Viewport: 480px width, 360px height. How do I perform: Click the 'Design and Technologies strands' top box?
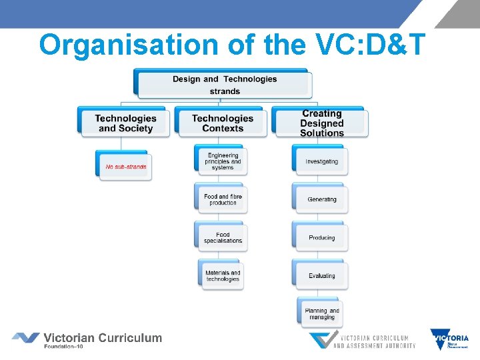pos(224,85)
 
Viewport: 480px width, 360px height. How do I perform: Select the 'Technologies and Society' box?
pos(125,123)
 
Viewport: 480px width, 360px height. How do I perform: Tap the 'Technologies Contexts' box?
pos(223,123)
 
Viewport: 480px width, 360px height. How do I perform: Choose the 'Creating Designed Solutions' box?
pos(321,123)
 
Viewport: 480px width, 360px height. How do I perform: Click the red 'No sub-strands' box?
pos(125,166)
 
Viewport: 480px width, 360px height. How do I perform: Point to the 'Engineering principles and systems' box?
pos(223,161)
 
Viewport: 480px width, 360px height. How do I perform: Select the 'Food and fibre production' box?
pos(223,199)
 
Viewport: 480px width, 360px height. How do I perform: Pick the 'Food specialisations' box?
pos(223,237)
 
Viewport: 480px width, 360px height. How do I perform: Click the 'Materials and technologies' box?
pos(223,275)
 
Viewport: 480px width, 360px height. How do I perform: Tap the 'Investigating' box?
pos(321,161)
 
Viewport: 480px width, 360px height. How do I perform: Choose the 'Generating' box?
pos(321,199)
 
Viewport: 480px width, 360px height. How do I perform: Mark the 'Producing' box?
pos(321,237)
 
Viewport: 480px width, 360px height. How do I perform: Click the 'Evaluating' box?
pos(321,275)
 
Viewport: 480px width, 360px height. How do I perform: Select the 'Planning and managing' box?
pos(321,313)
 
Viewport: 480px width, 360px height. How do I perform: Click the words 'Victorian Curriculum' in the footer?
pos(103,337)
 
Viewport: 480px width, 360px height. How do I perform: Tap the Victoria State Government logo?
pos(449,340)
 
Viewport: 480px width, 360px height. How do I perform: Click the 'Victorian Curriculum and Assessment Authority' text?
pos(374,342)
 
